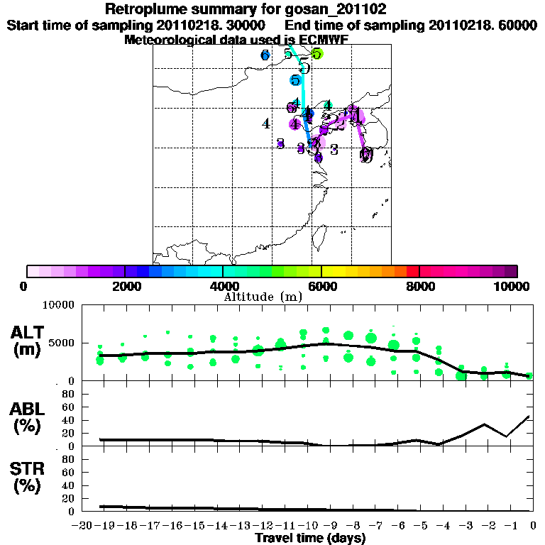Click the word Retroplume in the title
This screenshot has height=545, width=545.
click(x=146, y=10)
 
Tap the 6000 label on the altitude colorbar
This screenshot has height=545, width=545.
click(x=321, y=286)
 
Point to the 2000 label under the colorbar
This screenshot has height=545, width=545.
click(x=125, y=286)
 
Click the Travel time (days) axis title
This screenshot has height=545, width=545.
click(x=310, y=539)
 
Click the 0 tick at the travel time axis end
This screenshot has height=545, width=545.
click(x=532, y=526)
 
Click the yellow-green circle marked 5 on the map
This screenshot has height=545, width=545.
click(x=316, y=53)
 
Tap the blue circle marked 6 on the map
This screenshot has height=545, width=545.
click(x=265, y=55)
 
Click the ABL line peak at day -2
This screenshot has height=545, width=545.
click(x=485, y=424)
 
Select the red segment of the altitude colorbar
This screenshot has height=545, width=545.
click(x=412, y=271)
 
